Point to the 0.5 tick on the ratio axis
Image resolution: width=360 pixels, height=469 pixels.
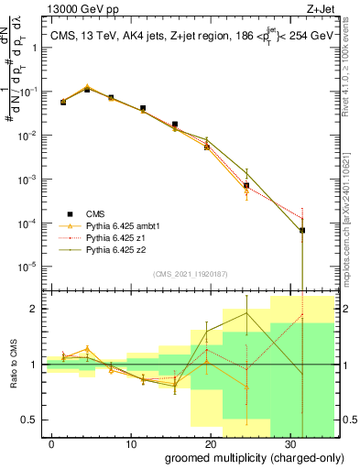pyautogui.click(x=33, y=420)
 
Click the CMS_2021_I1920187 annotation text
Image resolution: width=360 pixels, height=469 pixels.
pyautogui.click(x=189, y=274)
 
